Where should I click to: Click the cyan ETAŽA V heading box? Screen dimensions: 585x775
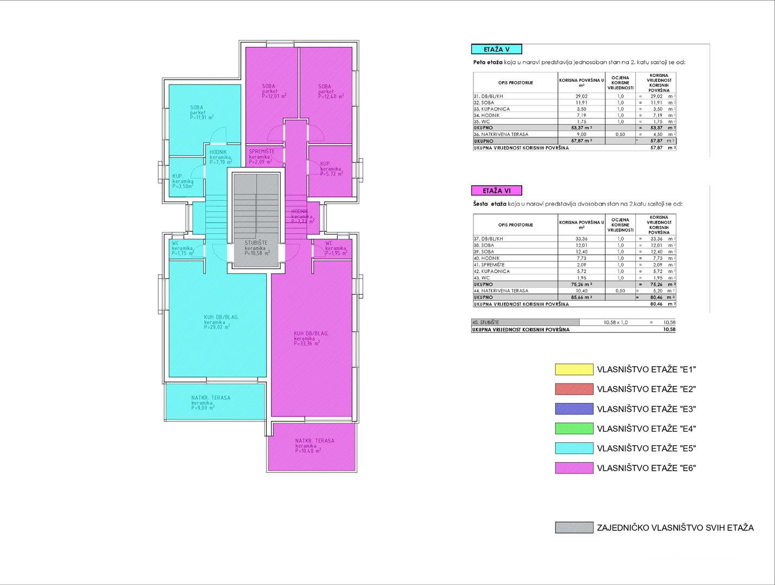click(496, 49)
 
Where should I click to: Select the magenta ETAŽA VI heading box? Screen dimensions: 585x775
click(496, 191)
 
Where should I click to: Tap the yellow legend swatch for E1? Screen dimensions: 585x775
click(574, 369)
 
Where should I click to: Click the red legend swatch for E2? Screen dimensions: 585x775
click(574, 389)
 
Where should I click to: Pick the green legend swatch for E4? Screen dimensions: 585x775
click(574, 428)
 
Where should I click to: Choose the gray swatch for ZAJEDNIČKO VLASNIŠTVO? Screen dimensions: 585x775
click(574, 528)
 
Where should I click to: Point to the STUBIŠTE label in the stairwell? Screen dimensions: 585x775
click(256, 243)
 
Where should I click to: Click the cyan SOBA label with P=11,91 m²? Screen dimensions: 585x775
click(197, 108)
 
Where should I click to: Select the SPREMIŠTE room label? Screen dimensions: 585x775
click(262, 152)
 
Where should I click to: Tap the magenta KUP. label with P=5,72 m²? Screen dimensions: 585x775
click(325, 164)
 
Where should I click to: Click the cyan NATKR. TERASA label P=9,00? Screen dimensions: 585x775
click(211, 398)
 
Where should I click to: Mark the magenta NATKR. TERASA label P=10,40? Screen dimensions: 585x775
click(314, 441)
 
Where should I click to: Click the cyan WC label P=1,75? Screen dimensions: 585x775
click(175, 243)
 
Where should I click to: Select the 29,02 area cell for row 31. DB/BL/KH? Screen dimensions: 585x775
click(581, 96)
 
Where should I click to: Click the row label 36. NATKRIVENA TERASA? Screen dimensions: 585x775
click(501, 134)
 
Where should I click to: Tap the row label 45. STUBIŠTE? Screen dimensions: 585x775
click(486, 322)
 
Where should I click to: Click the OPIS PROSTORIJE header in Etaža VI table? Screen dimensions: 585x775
click(515, 225)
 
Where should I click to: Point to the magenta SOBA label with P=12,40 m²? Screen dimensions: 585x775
click(325, 87)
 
